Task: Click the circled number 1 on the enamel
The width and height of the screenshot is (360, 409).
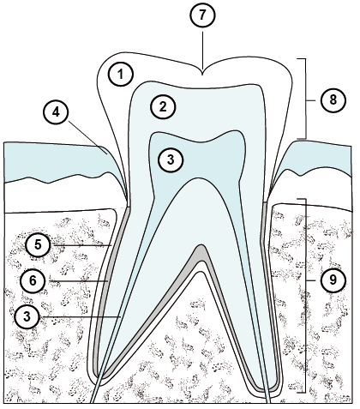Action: [x=121, y=75]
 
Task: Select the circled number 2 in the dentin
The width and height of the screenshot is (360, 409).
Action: [x=163, y=106]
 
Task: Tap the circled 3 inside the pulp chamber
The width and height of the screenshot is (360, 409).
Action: [x=171, y=159]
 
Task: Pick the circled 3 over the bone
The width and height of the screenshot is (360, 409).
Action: [x=27, y=316]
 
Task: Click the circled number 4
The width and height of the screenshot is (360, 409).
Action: [x=56, y=112]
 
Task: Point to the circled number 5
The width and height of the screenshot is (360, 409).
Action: [x=38, y=244]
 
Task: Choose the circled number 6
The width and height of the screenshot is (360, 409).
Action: [x=33, y=280]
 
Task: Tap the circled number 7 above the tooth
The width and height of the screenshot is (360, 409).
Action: [x=202, y=15]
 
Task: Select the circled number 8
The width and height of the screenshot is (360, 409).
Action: [x=333, y=100]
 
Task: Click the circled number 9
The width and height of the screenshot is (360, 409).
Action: [x=333, y=280]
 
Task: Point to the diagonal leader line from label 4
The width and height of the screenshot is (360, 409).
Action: [x=88, y=136]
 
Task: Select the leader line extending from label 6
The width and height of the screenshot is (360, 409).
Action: [x=78, y=281]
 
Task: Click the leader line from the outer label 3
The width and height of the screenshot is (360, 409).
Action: [x=81, y=316]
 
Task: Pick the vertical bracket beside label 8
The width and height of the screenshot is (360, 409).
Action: [x=306, y=99]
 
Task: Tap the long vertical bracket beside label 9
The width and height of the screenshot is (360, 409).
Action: [x=306, y=296]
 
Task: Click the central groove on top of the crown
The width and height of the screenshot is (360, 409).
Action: [x=202, y=72]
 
